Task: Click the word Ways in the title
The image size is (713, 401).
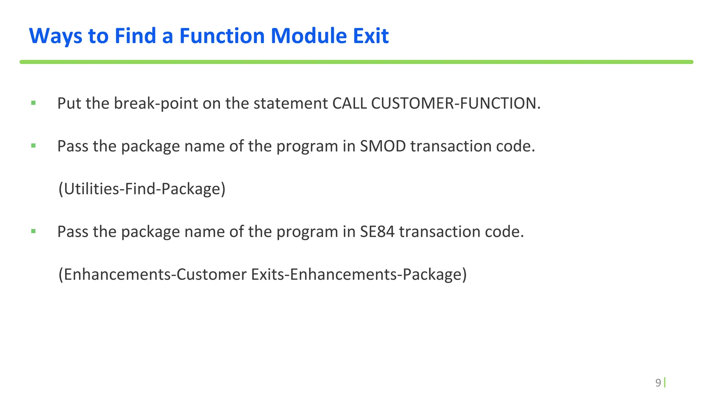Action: click(x=56, y=36)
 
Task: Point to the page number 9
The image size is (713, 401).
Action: click(x=658, y=383)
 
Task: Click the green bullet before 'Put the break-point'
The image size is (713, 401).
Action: click(x=33, y=103)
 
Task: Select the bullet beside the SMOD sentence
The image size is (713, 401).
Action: click(x=33, y=146)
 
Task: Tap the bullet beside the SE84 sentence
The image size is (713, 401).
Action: click(x=33, y=231)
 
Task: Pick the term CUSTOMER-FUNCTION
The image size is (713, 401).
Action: click(x=455, y=103)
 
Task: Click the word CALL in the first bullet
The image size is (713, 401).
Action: click(x=350, y=103)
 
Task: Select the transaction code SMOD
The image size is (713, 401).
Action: click(x=383, y=146)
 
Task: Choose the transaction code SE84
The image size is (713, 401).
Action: click(x=377, y=231)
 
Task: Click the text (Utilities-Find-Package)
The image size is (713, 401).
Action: click(x=142, y=189)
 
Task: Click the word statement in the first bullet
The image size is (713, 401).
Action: click(x=290, y=103)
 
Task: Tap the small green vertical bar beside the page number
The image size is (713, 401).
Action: click(x=665, y=383)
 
